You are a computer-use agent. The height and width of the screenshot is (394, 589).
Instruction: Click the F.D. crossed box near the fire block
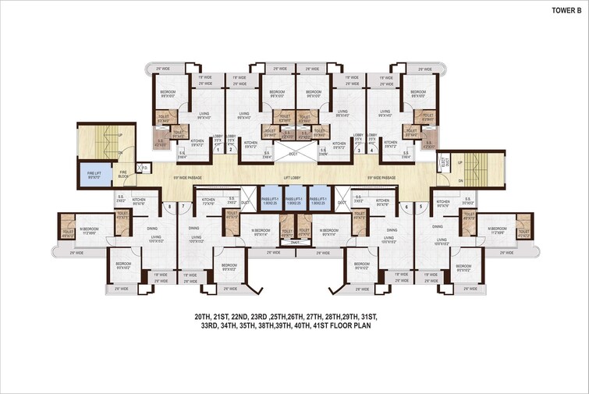142,167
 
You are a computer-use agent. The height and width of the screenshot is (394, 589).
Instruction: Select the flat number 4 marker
371,151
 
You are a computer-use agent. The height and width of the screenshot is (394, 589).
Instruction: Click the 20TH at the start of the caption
204,317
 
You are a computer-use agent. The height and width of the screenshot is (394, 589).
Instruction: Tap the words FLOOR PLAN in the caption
351,327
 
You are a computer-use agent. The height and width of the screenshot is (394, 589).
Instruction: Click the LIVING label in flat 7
196,237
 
